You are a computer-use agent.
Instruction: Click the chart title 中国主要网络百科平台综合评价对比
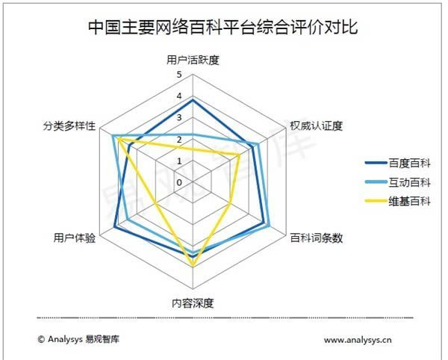[x=223, y=28]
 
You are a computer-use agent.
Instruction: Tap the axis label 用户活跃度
[x=193, y=60]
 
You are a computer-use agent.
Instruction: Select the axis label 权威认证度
[x=317, y=125]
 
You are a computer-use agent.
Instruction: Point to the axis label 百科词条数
[x=317, y=238]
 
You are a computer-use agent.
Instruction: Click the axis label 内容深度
[x=193, y=303]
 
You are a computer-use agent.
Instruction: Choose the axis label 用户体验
[x=75, y=238]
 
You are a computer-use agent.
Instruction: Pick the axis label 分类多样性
[x=69, y=125]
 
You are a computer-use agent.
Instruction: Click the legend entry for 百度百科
[x=398, y=163]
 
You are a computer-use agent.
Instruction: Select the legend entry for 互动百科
[x=398, y=182]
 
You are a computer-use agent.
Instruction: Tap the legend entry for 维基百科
[x=398, y=202]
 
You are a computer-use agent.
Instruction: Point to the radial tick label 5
[x=179, y=75]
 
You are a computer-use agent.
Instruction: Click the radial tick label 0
[x=179, y=182]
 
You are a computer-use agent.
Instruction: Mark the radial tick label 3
[x=179, y=117]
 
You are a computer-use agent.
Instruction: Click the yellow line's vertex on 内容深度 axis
[x=193, y=266]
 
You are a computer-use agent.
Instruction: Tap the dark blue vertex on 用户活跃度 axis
[x=193, y=100]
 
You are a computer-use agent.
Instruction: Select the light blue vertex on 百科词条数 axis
[x=269, y=226]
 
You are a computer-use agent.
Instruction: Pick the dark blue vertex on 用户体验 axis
[x=114, y=227]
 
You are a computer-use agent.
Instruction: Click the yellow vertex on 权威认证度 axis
[x=239, y=155]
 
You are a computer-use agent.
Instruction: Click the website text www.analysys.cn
[x=358, y=340]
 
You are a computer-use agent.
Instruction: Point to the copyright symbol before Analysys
[x=41, y=339]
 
